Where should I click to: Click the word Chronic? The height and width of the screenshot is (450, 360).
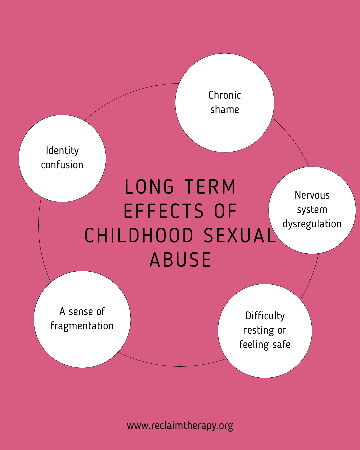coord(225,95)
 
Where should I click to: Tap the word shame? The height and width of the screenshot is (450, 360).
coord(225,109)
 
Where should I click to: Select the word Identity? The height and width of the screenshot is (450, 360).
coord(62,151)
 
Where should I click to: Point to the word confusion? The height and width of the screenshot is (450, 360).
coord(62,165)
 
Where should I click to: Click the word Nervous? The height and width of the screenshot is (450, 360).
coord(312,195)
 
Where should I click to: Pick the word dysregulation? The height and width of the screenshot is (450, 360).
coord(312,224)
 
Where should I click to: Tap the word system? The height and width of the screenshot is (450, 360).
coord(312,210)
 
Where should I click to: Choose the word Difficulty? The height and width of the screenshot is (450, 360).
coord(265,316)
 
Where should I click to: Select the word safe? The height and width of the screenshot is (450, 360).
coord(281,344)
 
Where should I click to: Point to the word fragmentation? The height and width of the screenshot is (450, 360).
coord(82,326)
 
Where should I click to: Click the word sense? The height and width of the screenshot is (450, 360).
coord(82,311)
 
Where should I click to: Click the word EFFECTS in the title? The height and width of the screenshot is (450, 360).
coord(164,211)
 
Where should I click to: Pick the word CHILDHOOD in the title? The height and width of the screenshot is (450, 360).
coord(139,236)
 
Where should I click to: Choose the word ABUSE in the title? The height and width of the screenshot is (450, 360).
coord(180,260)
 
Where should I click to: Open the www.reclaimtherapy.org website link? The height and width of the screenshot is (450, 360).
coord(180,426)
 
